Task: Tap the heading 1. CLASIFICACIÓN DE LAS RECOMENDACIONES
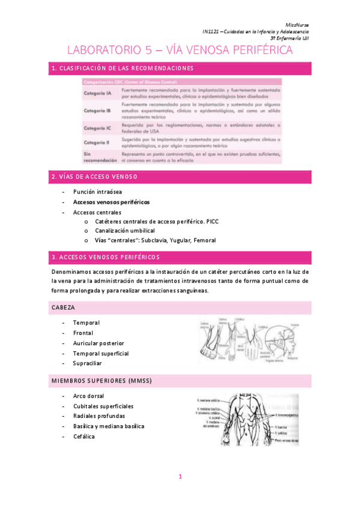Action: [122, 69]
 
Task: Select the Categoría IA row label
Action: [97, 94]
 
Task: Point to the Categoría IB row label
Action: [97, 111]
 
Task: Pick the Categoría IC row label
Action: [97, 128]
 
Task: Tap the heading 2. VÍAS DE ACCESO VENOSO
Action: [94, 177]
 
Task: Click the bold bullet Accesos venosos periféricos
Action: [111, 202]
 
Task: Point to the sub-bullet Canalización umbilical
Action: [124, 230]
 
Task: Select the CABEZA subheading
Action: [63, 307]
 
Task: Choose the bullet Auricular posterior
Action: [99, 343]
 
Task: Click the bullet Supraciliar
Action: [87, 363]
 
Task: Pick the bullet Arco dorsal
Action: [88, 396]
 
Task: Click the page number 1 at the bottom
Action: [180, 477]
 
